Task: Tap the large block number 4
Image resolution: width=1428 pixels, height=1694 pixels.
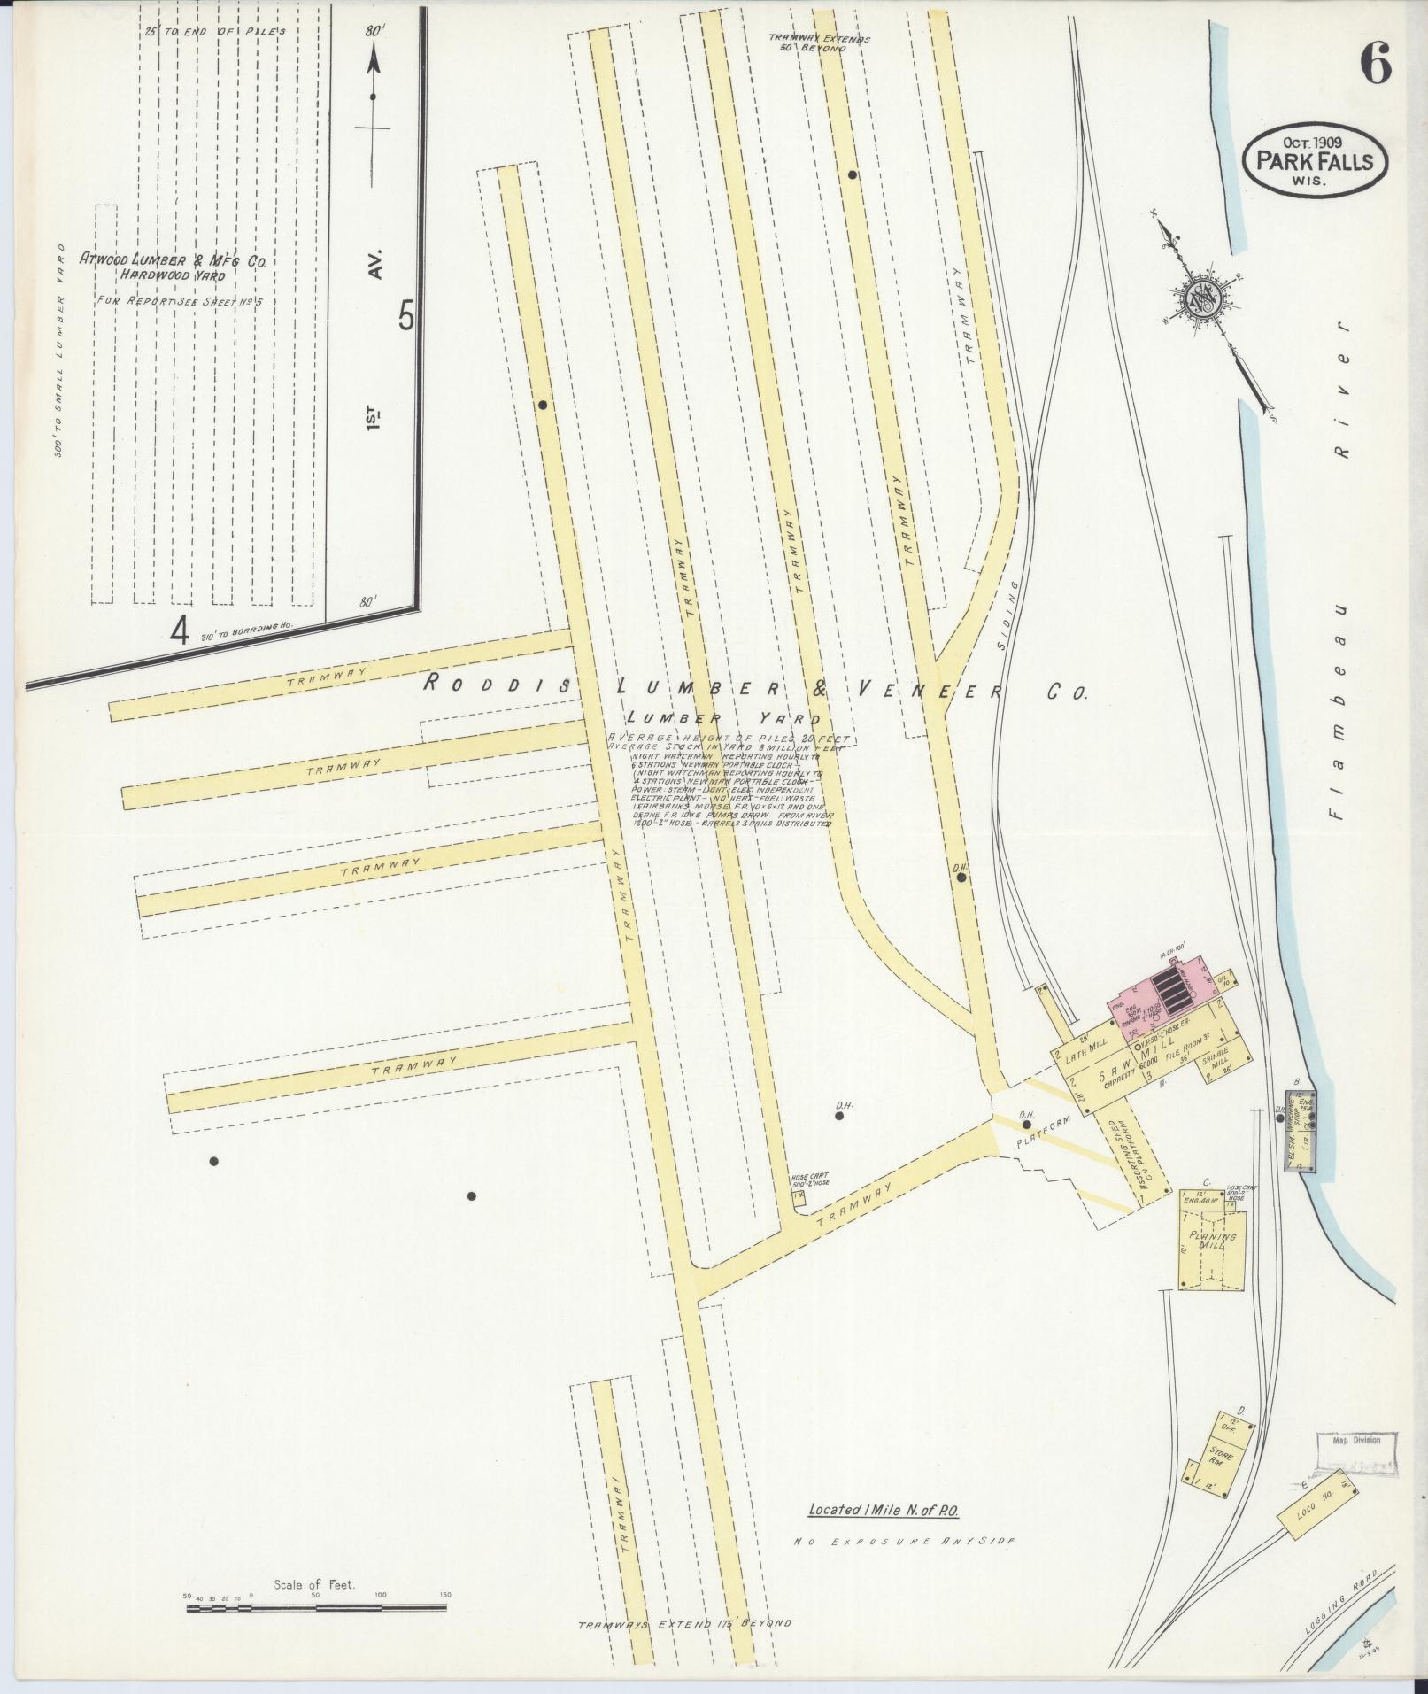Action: [181, 631]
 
